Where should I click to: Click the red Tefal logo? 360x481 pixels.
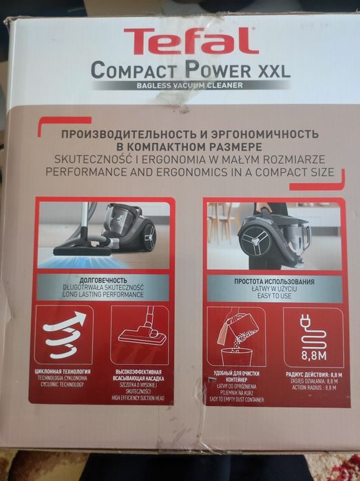pyautogui.click(x=191, y=41)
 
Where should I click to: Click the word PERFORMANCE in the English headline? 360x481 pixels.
pyautogui.click(x=100, y=172)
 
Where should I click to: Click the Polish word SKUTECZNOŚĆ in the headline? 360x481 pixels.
pyautogui.click(x=92, y=159)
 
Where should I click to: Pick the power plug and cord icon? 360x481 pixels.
pyautogui.click(x=313, y=336)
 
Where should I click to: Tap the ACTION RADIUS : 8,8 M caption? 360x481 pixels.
pyautogui.click(x=313, y=387)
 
